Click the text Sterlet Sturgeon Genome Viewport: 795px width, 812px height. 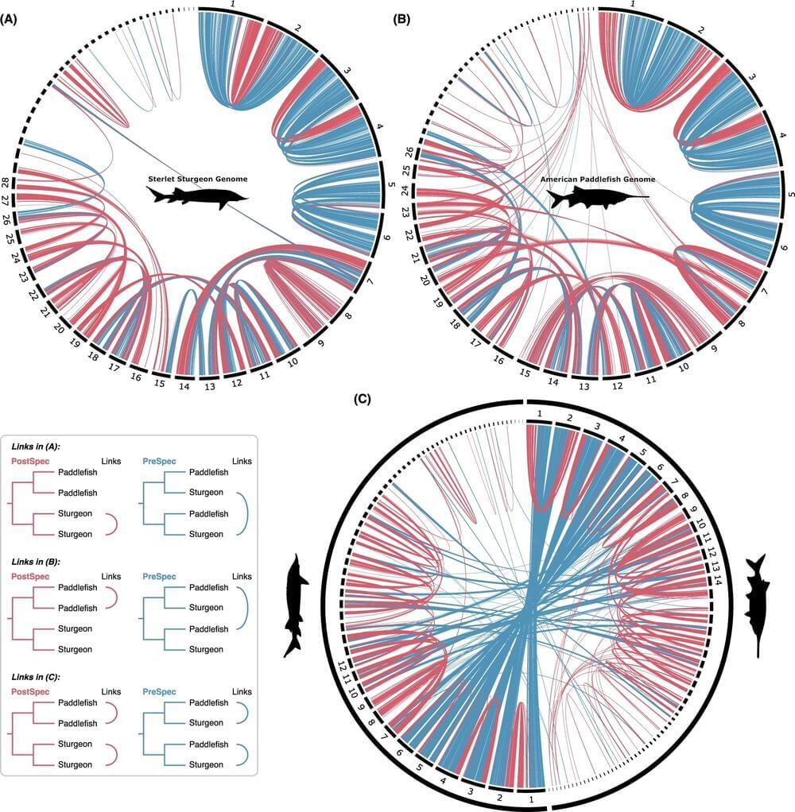(x=196, y=179)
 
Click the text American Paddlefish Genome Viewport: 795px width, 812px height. (x=594, y=180)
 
